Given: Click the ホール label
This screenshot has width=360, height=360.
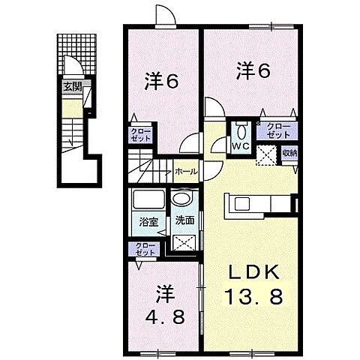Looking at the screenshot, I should [186, 172].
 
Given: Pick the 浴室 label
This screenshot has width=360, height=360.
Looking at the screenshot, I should [148, 221].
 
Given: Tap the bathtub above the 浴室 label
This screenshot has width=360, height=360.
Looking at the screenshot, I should [148, 201].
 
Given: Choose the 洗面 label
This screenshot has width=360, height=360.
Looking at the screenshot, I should [184, 221].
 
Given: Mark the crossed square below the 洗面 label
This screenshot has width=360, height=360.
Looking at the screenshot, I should [182, 243].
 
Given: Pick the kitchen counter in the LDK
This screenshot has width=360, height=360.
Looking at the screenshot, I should [262, 203].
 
